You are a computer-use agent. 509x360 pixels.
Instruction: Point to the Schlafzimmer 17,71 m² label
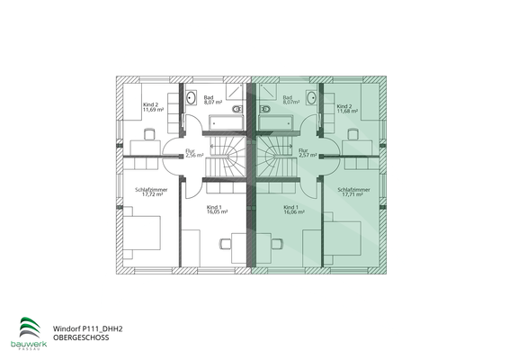pos(353,194)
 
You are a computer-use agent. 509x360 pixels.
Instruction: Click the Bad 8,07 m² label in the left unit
pos(213,101)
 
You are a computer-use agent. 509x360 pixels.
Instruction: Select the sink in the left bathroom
pos(192,97)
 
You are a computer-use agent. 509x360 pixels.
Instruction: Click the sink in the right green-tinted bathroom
pos(311,97)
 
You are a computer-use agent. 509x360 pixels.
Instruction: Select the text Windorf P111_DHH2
pos(87,329)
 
